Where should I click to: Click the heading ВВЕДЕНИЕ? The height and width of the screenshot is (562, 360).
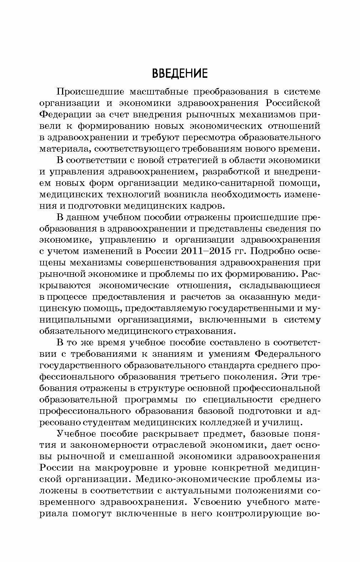pos(179,74)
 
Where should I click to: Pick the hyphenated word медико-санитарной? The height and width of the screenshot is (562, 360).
pos(234,183)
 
